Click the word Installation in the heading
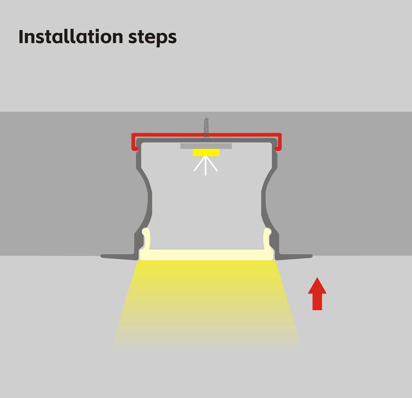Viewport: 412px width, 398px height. click(71, 36)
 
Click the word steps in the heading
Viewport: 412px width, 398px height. click(152, 38)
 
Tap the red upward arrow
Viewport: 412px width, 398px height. click(317, 294)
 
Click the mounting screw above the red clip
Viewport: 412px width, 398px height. click(206, 127)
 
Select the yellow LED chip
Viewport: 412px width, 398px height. click(206, 152)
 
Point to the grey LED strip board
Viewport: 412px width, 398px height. click(206, 146)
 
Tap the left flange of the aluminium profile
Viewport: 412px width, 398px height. click(119, 257)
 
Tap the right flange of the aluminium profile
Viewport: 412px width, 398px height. click(294, 256)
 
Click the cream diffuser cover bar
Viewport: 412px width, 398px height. click(206, 255)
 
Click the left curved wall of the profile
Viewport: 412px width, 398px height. click(148, 200)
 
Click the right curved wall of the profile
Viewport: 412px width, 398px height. click(265, 200)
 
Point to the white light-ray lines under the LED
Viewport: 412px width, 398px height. click(205, 165)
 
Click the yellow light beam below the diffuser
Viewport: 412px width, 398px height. click(206, 302)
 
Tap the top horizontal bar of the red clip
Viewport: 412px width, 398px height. click(207, 135)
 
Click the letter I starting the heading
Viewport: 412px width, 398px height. click(21, 36)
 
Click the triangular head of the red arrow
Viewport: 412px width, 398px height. click(317, 286)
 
